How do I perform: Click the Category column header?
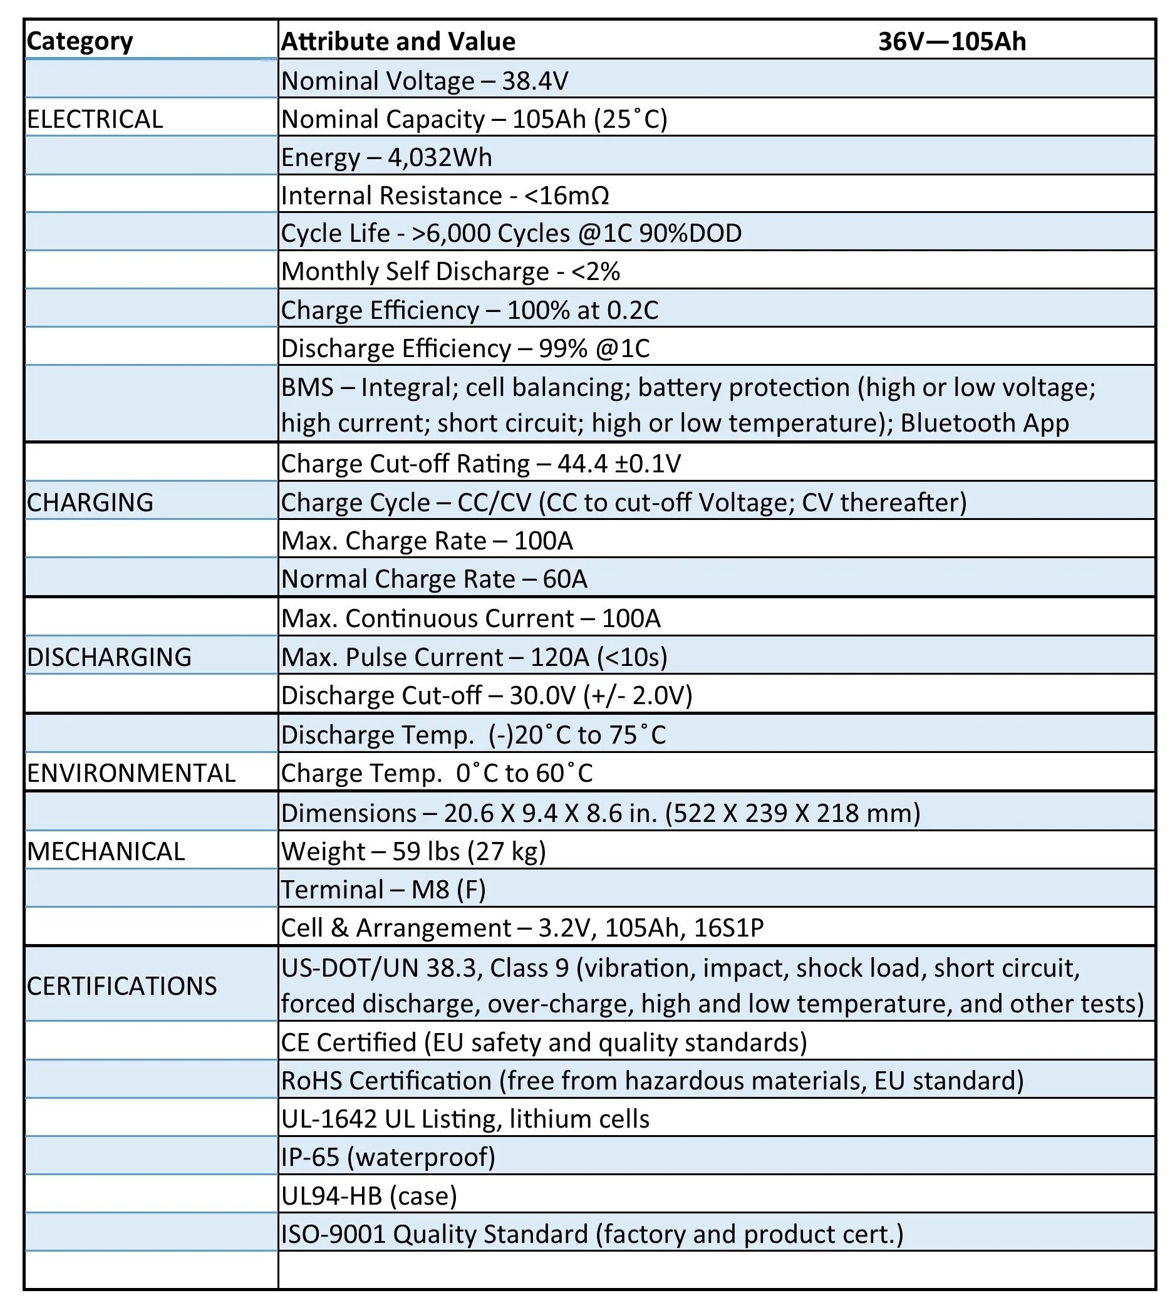coord(80,41)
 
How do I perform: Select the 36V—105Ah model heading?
coord(951,41)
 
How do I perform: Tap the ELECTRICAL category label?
coord(95,119)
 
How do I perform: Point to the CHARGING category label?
coord(90,502)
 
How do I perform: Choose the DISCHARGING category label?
coord(110,657)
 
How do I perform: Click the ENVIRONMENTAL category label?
coord(132,772)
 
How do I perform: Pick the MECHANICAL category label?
coord(106,851)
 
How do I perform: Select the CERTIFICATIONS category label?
coord(122,986)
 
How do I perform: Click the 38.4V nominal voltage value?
coord(535,81)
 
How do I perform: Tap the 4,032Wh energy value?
coord(440,157)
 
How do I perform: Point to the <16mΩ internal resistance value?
coord(567,195)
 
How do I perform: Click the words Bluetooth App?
coord(985,423)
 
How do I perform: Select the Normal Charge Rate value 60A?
coord(565,579)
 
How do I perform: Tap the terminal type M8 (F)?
coord(448,889)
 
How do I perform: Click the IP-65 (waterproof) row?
coord(388,1157)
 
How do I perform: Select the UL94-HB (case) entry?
coord(369,1196)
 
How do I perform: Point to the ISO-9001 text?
coord(333,1233)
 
